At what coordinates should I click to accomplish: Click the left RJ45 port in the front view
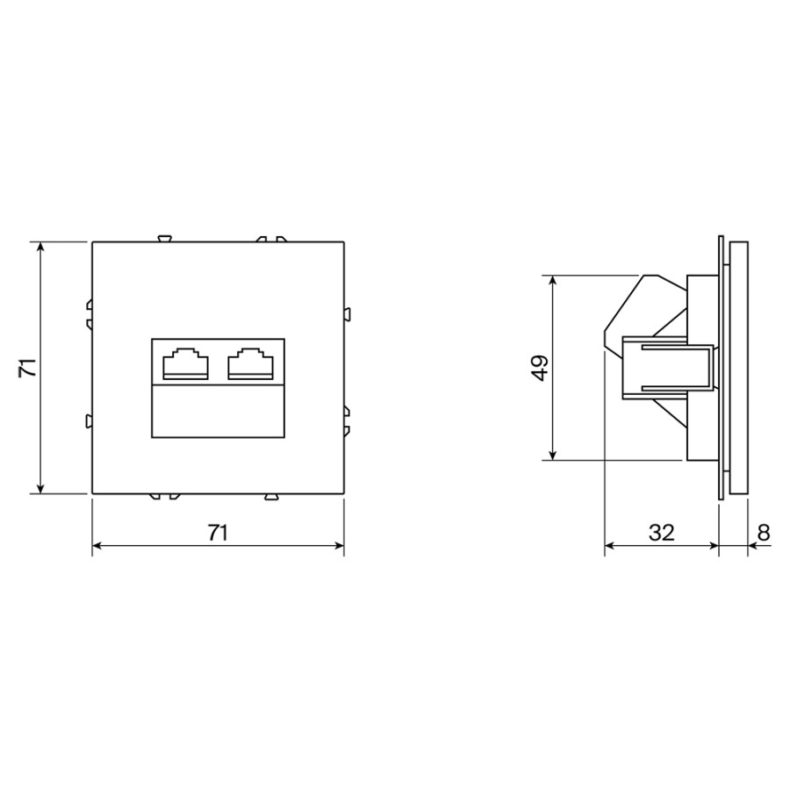point(185,363)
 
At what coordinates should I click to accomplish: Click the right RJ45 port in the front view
point(251,363)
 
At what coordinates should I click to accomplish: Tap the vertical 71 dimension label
point(28,367)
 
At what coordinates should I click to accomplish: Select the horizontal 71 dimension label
point(219,533)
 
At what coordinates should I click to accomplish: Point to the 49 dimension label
point(540,368)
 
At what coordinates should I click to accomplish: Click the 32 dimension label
point(662,533)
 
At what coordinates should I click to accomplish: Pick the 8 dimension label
point(764,533)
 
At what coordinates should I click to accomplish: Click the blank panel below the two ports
point(219,411)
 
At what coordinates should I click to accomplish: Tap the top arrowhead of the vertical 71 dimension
point(40,247)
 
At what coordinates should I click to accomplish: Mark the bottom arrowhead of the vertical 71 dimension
point(40,489)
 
